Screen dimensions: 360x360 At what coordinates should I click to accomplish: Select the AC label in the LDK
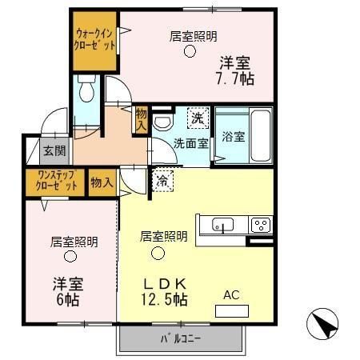231,295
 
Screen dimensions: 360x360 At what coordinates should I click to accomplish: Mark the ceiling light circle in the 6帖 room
70,257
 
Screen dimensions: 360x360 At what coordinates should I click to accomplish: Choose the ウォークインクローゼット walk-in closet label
95,39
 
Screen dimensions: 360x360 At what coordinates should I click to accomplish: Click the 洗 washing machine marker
196,118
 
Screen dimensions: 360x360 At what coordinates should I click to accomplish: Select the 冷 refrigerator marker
163,180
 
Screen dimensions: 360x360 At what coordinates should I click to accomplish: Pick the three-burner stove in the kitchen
261,225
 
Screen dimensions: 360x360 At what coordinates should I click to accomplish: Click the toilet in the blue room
87,90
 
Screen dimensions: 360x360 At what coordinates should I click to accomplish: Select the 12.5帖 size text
166,301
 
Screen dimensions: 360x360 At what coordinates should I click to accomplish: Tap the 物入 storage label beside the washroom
142,119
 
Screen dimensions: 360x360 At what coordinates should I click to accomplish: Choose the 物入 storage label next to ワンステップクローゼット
101,182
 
